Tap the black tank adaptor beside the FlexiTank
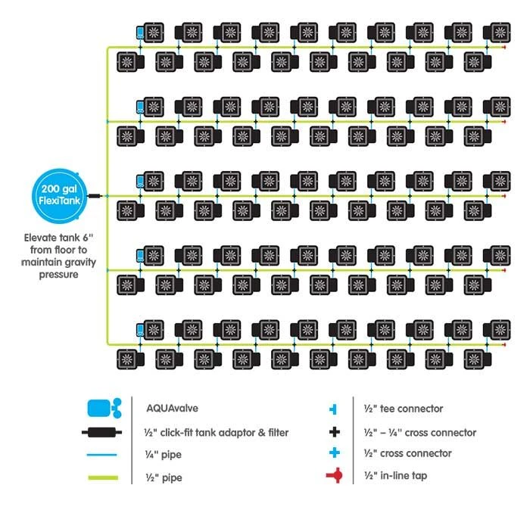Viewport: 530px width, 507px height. point(95,195)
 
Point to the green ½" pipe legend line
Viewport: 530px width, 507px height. point(104,478)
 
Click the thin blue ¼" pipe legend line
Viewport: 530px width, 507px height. point(104,456)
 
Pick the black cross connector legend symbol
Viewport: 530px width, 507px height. point(332,432)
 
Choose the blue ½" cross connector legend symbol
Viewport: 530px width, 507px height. point(332,453)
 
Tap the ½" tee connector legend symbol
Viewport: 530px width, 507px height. point(332,409)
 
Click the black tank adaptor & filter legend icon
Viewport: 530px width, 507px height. point(104,433)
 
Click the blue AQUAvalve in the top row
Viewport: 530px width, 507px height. point(140,33)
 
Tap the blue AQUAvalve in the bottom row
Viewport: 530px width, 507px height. point(140,329)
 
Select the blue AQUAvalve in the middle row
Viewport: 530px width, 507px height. point(140,182)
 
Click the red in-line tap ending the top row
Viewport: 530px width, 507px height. point(503,47)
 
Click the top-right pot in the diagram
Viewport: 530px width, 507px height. point(500,33)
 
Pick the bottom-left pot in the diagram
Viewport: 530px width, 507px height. point(126,358)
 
